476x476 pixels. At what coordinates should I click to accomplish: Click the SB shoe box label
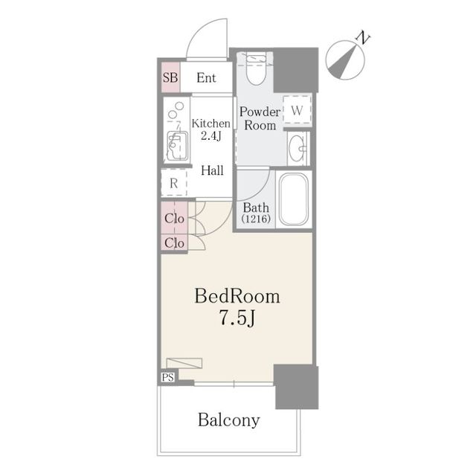coord(170,77)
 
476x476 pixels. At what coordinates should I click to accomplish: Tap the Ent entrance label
coord(206,78)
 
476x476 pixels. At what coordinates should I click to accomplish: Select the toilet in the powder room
coord(256,68)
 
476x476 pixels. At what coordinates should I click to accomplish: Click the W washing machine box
coord(297,109)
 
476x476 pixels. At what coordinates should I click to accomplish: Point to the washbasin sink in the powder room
coord(297,148)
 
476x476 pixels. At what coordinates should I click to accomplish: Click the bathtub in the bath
coord(294,199)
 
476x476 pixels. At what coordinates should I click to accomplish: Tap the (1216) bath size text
coord(256,219)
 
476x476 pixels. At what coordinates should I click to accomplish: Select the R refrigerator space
coord(173,183)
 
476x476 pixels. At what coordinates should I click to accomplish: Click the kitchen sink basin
coord(176,146)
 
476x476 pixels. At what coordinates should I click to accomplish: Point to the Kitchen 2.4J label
coord(211,129)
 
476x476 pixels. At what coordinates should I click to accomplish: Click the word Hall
coord(212,170)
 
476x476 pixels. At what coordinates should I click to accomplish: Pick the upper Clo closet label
coord(174,218)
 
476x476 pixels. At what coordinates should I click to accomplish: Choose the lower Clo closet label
coord(174,243)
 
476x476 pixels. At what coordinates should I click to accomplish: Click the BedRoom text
coord(237,296)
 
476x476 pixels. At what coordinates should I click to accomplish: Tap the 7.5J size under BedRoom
coord(237,318)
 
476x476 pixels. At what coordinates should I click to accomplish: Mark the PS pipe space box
coord(168,377)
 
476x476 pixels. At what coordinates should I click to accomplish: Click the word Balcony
coord(229,420)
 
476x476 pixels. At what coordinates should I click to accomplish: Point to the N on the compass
coord(362,37)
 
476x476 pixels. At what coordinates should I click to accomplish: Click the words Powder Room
coord(260,118)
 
